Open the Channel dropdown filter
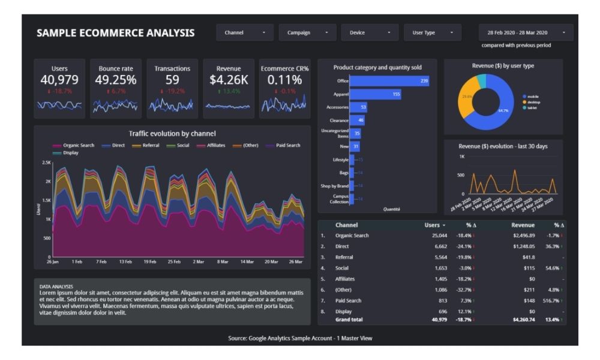pyautogui.click(x=245, y=32)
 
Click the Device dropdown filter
pyautogui.click(x=370, y=32)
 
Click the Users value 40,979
pyautogui.click(x=59, y=80)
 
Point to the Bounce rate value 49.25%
pyautogui.click(x=116, y=80)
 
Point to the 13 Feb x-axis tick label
pyautogui.click(x=125, y=262)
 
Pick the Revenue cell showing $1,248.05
pyautogui.click(x=520, y=247)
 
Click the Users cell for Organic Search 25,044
pyautogui.click(x=436, y=236)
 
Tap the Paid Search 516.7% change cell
pyautogui.click(x=552, y=301)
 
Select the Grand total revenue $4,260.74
pyautogui.click(x=520, y=320)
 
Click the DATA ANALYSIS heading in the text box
pyautogui.click(x=56, y=286)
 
